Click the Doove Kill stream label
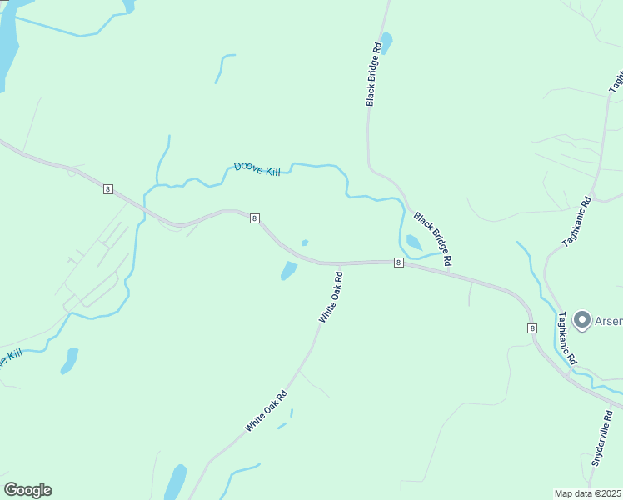click(x=257, y=168)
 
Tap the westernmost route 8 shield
click(x=108, y=189)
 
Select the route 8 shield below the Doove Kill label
click(x=255, y=218)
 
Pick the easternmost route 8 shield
click(x=531, y=328)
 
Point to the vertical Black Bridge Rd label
click(x=373, y=74)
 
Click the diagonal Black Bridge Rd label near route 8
click(x=433, y=238)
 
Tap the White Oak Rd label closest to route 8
click(x=331, y=297)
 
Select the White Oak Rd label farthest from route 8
click(x=266, y=410)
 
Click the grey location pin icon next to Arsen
click(x=581, y=319)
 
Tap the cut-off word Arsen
click(x=607, y=320)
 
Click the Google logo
click(x=27, y=490)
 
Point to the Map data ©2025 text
click(x=588, y=492)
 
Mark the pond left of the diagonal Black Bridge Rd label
click(x=413, y=242)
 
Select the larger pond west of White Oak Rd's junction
click(x=288, y=270)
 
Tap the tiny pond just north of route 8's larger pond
click(x=305, y=242)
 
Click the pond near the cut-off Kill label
click(x=69, y=360)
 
